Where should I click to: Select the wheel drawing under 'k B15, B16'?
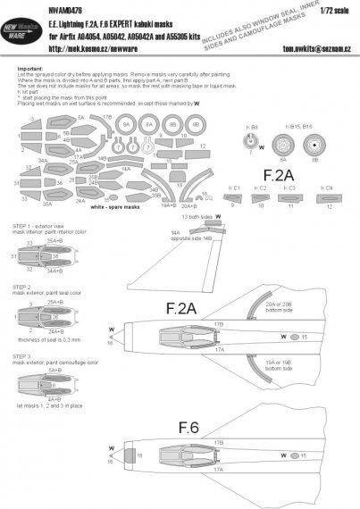coord(314,142)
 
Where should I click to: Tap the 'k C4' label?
coord(328,189)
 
